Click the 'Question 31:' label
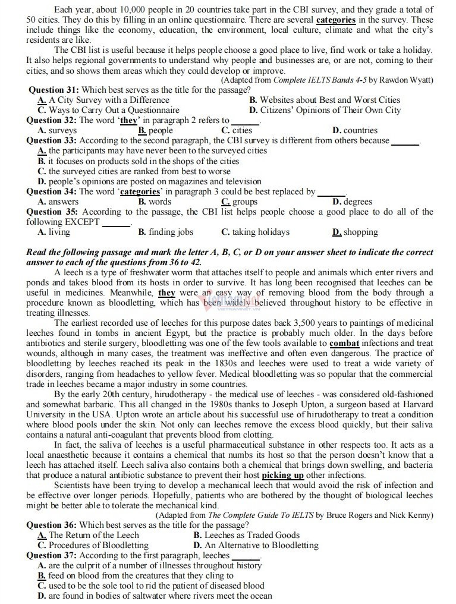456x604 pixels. pos(53,90)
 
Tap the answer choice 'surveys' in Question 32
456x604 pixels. pos(62,130)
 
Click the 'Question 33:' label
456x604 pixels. pos(52,140)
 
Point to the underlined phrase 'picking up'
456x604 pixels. pos(283,475)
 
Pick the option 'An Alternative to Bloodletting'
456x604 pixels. pos(262,545)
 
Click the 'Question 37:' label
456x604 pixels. pos(52,555)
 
